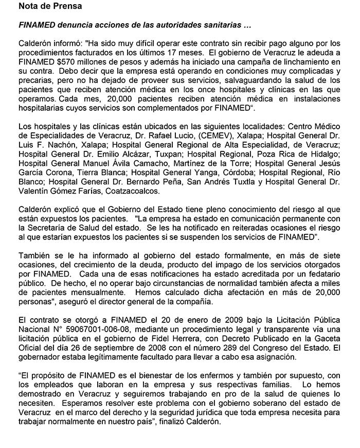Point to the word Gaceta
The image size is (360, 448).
click(327, 335)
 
